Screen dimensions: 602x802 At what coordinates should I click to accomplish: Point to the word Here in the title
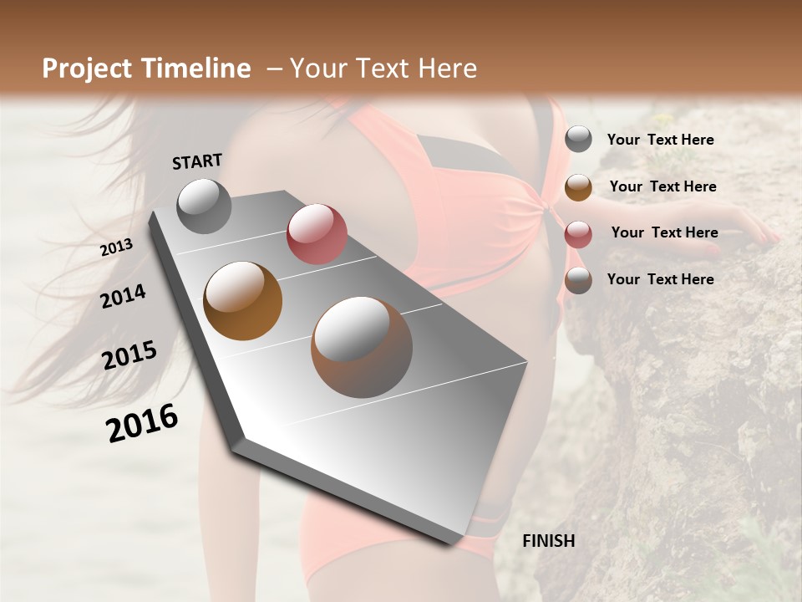pos(447,69)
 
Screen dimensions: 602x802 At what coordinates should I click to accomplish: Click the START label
pos(197,161)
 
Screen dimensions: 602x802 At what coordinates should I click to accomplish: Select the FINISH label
pos(549,541)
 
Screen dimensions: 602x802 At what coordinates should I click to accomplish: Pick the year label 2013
pos(117,247)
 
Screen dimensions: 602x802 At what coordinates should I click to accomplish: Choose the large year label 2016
pos(142,423)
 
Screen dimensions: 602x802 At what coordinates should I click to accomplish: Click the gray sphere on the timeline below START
pos(204,206)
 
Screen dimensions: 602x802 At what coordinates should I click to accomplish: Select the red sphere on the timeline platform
pos(317,234)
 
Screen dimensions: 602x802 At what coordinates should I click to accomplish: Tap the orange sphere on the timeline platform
pos(243,301)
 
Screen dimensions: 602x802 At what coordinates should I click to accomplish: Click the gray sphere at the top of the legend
pos(578,139)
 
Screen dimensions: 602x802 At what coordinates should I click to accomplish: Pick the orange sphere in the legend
pos(578,187)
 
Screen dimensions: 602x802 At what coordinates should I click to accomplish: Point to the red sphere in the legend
pos(578,234)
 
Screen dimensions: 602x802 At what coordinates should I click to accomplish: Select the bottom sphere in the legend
pos(578,280)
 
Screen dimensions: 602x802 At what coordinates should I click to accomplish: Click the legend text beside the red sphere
pos(664,232)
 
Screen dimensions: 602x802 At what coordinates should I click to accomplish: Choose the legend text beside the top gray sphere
pos(660,140)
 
